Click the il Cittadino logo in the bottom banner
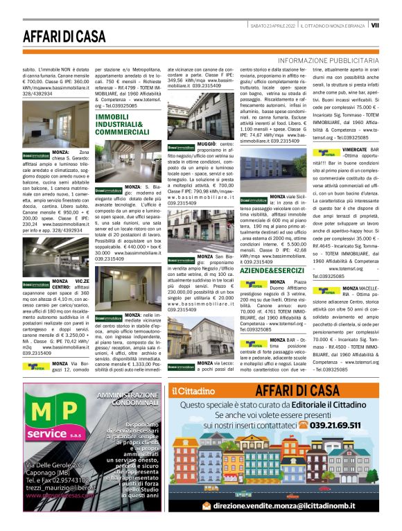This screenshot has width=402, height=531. pos(195,390)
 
